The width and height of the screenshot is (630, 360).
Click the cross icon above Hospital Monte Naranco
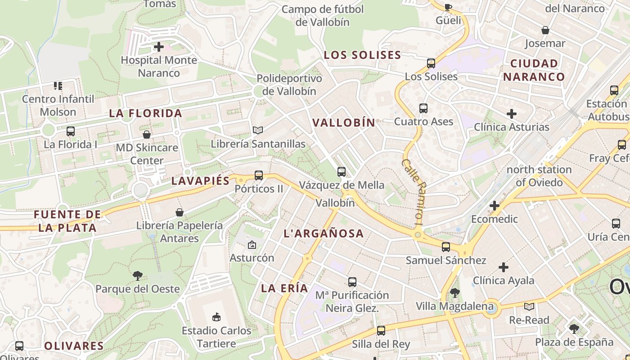click(158, 47)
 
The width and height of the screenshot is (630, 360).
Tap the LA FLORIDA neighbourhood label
click(145, 113)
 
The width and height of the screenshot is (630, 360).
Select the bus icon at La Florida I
click(71, 131)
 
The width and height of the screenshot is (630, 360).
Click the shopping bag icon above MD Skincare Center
click(147, 135)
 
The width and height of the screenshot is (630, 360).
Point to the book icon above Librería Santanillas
click(258, 130)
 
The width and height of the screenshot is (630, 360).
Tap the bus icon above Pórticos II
click(259, 175)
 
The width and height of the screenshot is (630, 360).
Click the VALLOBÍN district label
click(344, 122)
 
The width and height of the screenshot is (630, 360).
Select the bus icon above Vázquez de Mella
click(342, 172)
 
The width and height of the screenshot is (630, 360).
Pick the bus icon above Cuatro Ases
click(423, 108)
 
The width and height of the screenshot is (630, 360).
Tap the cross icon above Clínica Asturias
click(512, 114)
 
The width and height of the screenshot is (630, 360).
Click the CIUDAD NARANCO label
click(534, 70)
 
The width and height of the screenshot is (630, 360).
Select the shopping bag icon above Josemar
click(545, 31)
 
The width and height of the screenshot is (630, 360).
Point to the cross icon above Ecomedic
click(495, 206)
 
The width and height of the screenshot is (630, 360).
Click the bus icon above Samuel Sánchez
click(446, 247)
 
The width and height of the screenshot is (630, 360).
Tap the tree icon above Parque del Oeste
click(138, 276)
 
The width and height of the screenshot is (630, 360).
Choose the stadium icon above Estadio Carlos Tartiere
click(216, 317)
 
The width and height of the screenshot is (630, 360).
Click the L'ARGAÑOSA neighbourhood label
click(324, 233)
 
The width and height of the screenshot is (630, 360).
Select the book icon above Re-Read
click(529, 307)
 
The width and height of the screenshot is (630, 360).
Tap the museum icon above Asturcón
click(252, 245)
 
